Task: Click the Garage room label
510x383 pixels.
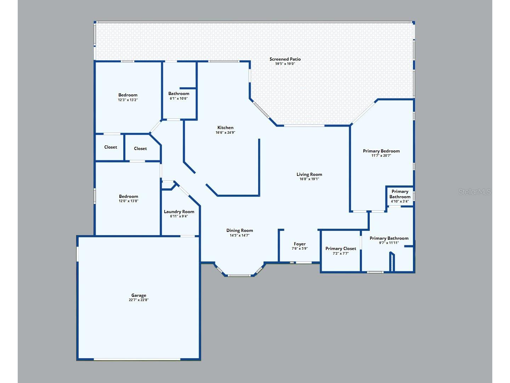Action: (139, 295)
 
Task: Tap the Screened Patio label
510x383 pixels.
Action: (285, 59)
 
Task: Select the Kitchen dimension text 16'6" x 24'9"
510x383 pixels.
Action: (225, 133)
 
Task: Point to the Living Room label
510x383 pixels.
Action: (309, 174)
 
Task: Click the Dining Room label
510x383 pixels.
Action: (239, 231)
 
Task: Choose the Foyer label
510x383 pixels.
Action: (300, 244)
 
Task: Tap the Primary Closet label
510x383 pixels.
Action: (341, 249)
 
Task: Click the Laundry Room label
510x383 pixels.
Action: (179, 212)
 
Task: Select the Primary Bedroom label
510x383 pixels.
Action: (381, 151)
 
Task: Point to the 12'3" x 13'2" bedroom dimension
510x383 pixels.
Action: (128, 100)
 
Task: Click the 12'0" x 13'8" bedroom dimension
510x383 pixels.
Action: (129, 201)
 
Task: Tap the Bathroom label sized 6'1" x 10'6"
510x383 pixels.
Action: (178, 94)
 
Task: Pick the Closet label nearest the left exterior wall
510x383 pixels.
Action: (110, 147)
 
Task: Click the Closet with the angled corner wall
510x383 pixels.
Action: (140, 148)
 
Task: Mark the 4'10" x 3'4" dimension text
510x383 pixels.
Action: (399, 201)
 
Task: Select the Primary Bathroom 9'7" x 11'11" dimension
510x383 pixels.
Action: (389, 243)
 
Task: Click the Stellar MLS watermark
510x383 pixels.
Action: (475, 191)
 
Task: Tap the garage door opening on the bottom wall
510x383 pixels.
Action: (137, 359)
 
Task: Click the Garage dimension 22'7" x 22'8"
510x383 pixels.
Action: (139, 300)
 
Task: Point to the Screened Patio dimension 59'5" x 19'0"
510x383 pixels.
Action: (285, 64)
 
